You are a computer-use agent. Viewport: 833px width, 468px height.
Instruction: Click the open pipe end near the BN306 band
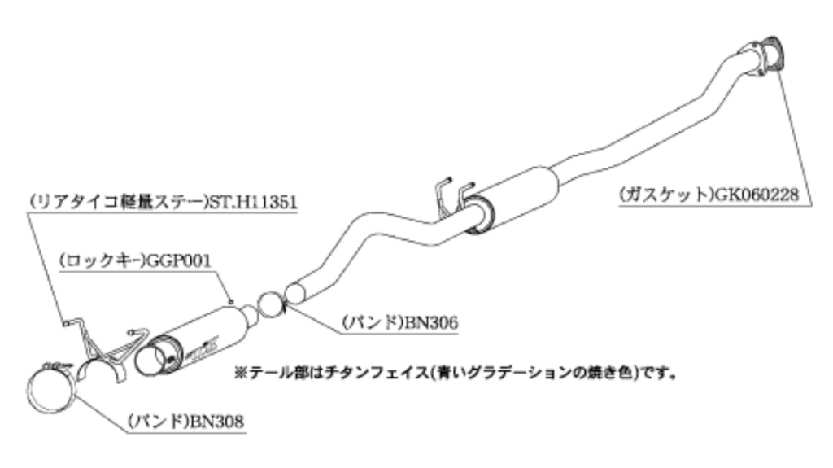297,294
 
